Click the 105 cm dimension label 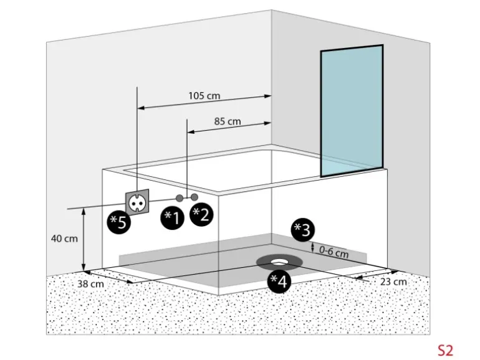tap(204, 97)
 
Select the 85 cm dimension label tap(228, 121)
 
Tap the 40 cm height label tap(65, 239)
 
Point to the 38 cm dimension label tap(91, 284)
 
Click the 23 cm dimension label tap(393, 282)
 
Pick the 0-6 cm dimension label tap(334, 252)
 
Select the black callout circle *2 tap(201, 214)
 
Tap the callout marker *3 tap(302, 230)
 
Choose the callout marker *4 tap(279, 282)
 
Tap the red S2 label tap(445, 350)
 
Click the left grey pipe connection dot tap(180, 197)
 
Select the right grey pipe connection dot tap(194, 197)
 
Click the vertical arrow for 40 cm tap(84, 239)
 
